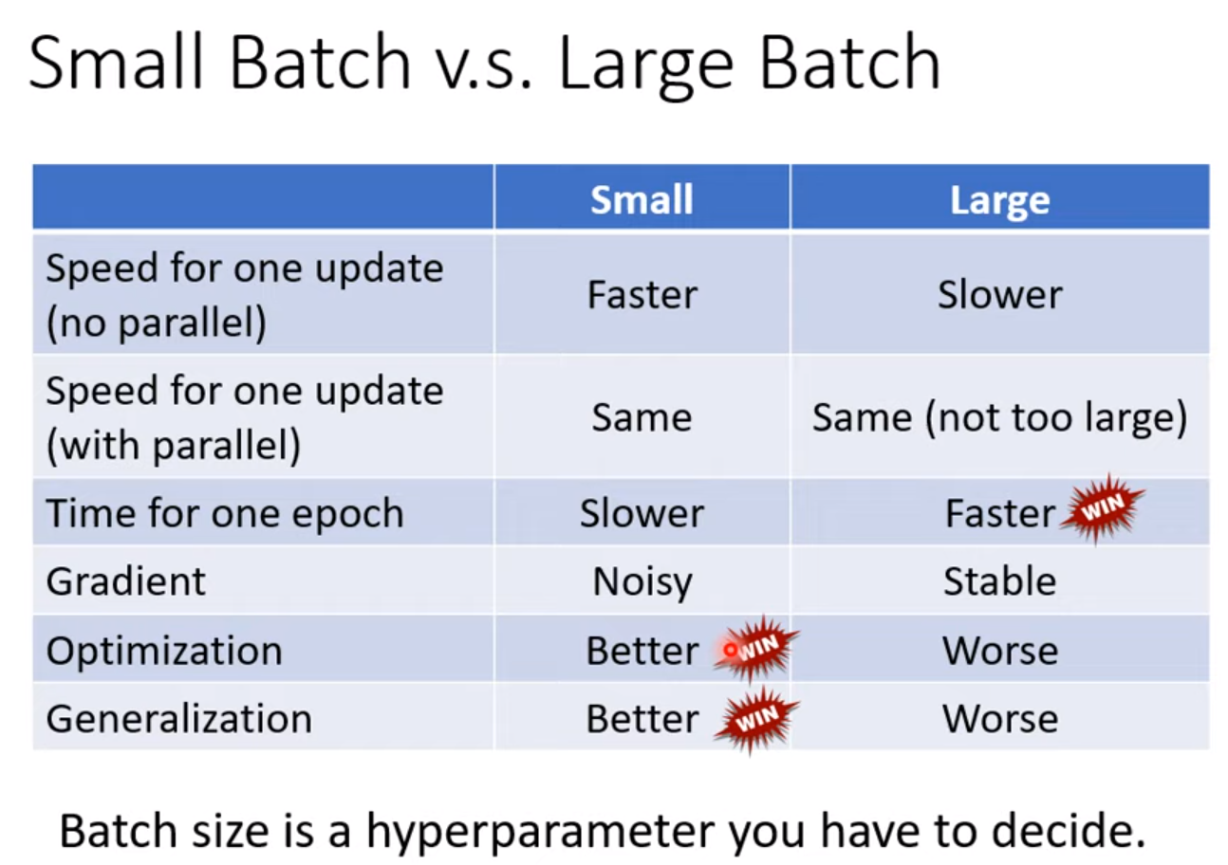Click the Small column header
click(642, 199)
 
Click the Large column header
click(999, 200)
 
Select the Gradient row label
click(125, 580)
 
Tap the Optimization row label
click(164, 651)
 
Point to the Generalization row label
click(179, 719)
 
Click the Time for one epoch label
click(225, 513)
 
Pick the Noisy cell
click(642, 582)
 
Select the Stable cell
click(999, 580)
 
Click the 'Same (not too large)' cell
click(999, 418)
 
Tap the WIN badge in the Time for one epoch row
click(1102, 509)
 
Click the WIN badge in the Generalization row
click(757, 719)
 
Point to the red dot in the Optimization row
click(730, 650)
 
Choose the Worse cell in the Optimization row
click(1000, 651)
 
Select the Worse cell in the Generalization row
click(1000, 719)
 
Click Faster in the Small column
click(642, 295)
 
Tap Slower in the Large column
click(999, 295)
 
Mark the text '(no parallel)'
click(157, 323)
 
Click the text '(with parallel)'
click(174, 446)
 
